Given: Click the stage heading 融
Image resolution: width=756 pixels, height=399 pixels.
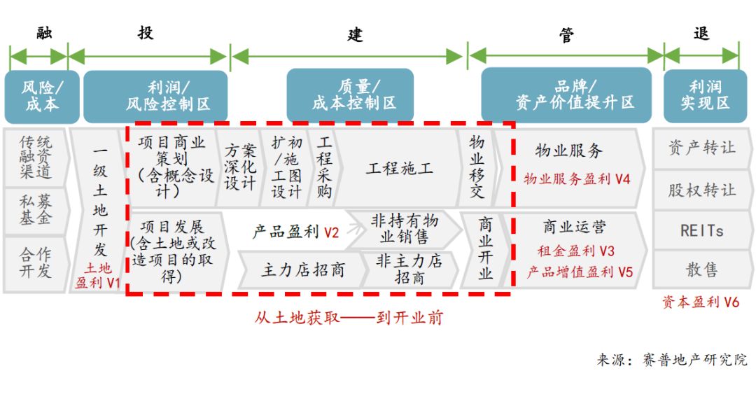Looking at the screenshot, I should [x=44, y=33].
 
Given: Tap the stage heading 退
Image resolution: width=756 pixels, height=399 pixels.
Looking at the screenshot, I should [x=701, y=33].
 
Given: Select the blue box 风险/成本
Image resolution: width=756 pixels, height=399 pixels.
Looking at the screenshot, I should [x=42, y=97].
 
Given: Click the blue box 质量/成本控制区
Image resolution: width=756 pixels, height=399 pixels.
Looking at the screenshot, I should [x=353, y=95].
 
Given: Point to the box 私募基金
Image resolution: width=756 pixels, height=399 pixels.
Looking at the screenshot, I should [x=36, y=210].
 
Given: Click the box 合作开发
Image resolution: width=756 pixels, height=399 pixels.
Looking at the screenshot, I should [x=36, y=262].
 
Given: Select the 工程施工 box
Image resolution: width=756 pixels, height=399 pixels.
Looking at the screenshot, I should [x=400, y=168].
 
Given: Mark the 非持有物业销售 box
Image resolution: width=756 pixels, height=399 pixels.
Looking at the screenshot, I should [x=404, y=229].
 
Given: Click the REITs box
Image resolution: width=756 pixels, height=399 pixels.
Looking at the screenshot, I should [x=701, y=230].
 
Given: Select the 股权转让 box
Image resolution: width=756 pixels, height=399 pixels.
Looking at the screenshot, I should [x=701, y=190].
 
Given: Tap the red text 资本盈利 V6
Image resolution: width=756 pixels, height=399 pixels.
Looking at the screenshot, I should [x=700, y=302].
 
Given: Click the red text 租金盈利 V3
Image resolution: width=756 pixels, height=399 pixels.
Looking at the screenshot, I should [x=576, y=251].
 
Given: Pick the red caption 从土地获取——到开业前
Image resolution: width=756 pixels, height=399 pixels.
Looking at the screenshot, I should [x=349, y=317].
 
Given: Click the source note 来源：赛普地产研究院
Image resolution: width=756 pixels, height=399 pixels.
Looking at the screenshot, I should [x=672, y=360].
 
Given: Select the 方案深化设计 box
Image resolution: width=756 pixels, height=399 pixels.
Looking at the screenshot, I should [x=240, y=168].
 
